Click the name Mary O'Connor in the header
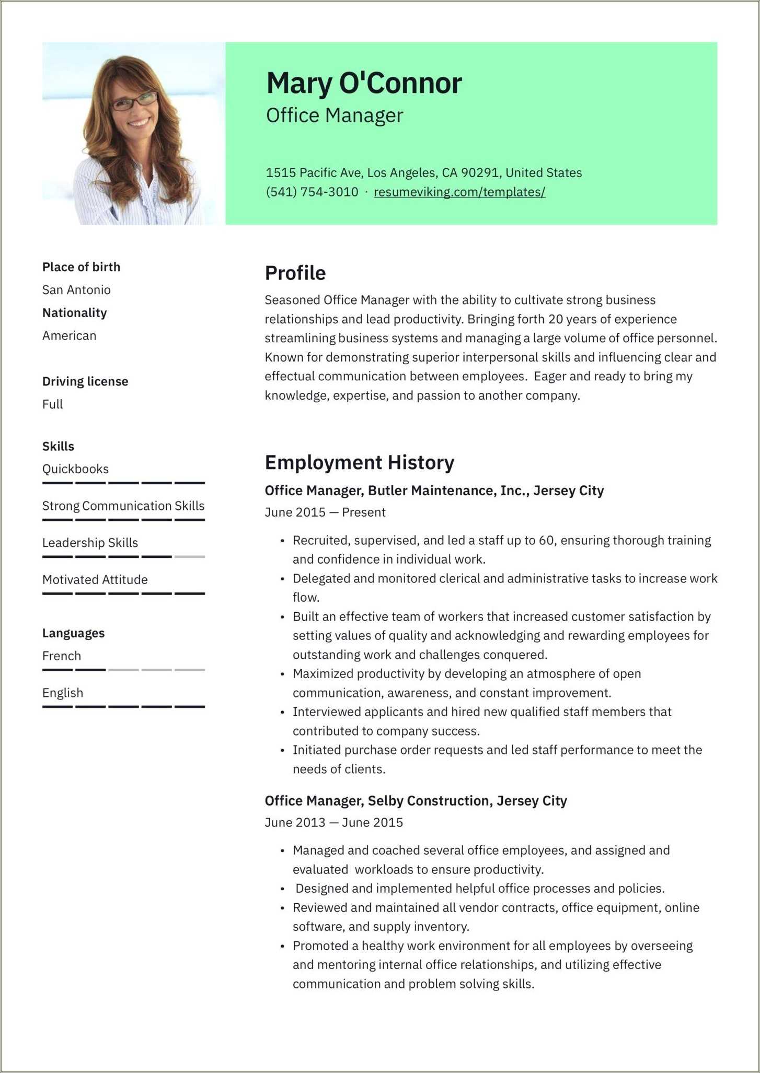click(364, 83)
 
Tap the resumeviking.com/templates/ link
click(459, 192)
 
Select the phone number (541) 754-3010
click(312, 192)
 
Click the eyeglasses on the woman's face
click(134, 101)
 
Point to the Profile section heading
click(295, 273)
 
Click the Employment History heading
click(359, 463)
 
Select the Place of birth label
click(81, 267)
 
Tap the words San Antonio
click(76, 290)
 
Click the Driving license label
click(85, 381)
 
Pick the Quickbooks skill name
click(75, 469)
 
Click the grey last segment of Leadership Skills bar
click(189, 557)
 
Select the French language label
click(62, 656)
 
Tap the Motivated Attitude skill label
click(95, 580)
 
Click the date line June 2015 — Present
click(325, 512)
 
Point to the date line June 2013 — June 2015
click(333, 823)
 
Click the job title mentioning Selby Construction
click(416, 801)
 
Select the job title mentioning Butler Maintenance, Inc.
click(434, 491)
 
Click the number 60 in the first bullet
click(546, 540)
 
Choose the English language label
click(63, 693)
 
